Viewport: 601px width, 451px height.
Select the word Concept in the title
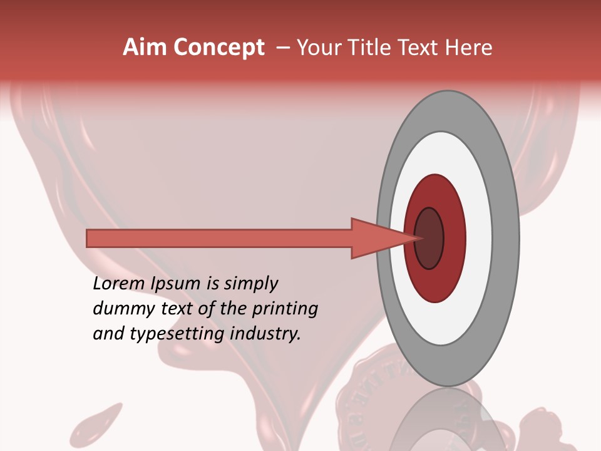pos(219,48)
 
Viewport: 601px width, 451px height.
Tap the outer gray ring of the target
pos(506,238)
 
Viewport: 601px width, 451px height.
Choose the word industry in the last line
pos(265,334)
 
